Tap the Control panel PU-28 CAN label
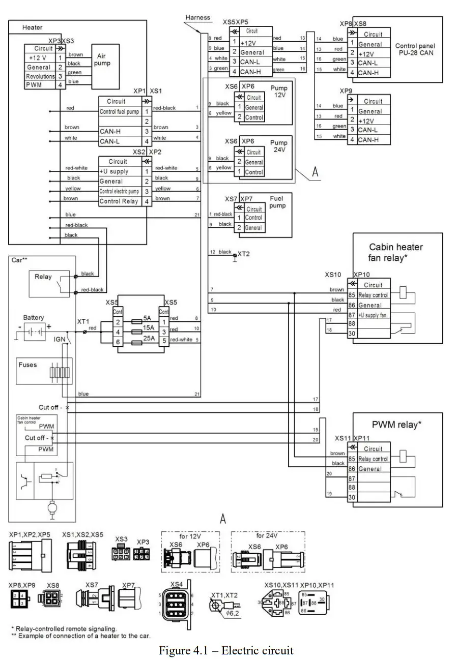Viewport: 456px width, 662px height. (415, 49)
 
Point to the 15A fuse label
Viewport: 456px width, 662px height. (149, 328)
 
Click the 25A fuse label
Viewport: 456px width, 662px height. (149, 338)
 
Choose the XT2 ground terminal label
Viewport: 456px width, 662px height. (244, 253)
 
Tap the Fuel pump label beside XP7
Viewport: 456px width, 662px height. (277, 202)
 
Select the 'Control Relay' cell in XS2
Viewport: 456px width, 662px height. (119, 201)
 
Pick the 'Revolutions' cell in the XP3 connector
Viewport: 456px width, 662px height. (41, 76)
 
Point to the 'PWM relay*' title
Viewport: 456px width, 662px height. (396, 425)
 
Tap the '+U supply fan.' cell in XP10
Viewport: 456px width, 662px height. (373, 315)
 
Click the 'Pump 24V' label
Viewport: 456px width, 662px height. (279, 147)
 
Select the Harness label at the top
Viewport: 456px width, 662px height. (197, 17)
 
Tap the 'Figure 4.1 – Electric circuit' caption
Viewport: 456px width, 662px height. (226, 650)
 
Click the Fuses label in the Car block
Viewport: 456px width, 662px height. (27, 365)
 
